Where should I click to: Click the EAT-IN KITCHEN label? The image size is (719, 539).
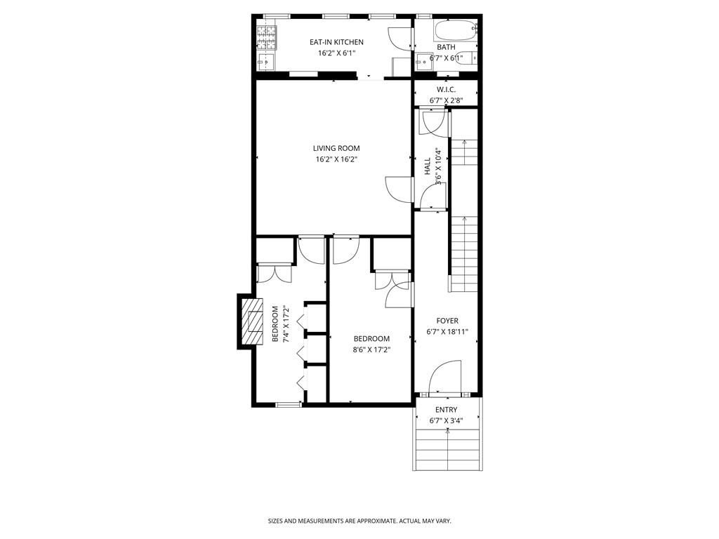336,42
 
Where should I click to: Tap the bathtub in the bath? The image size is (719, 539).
454,30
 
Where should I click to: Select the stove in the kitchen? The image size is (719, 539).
267,35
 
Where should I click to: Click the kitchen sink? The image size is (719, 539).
266,62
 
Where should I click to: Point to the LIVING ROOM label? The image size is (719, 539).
336,148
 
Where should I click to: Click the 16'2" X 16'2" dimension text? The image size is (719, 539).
336,159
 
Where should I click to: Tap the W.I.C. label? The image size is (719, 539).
446,89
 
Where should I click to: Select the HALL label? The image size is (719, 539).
427,166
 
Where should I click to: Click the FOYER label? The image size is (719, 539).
447,321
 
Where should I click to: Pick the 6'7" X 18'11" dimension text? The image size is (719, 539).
447,332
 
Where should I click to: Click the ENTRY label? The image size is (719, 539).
446,410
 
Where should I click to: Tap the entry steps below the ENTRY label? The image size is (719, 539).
447,449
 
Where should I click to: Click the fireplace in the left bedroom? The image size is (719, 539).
251,321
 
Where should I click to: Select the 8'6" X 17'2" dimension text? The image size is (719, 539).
371,350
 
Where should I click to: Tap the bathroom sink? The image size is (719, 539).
423,62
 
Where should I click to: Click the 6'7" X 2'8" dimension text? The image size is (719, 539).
446,100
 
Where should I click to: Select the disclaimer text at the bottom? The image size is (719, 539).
359,521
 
